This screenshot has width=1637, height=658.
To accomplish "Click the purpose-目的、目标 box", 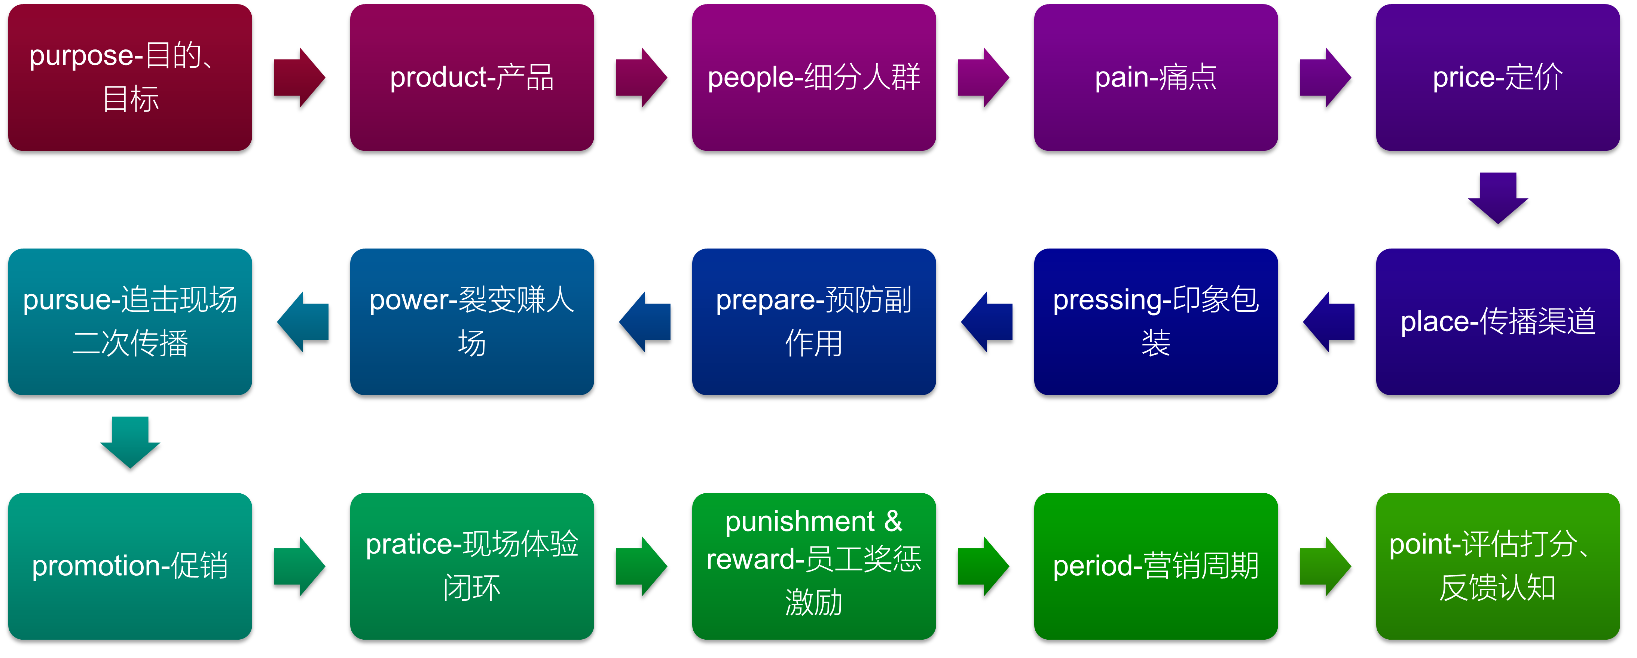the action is point(130,77).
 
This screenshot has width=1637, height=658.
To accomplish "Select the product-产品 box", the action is point(472,77).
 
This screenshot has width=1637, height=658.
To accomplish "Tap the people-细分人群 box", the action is point(814,77).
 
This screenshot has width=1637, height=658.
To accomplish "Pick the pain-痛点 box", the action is point(1156,77).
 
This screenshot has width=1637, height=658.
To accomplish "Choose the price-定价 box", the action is point(1498,77).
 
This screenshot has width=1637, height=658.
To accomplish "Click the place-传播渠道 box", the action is point(1498,322).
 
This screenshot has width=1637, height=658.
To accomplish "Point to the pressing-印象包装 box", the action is point(1156,322).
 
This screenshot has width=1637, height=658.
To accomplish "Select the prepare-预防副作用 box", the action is point(814,322).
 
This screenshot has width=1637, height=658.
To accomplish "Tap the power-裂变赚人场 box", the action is point(472,322).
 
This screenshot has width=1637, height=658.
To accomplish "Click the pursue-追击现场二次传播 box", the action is point(130,322).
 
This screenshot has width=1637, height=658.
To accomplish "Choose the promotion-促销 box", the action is point(130,566).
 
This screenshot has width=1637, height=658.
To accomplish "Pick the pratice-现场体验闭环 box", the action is point(472,566).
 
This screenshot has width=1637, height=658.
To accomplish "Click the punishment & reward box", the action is point(814,566).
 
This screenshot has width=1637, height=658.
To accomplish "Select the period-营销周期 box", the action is point(1156,566).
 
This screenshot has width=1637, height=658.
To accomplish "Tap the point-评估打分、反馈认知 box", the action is point(1498,566).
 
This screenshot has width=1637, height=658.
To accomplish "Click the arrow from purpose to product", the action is point(299,77).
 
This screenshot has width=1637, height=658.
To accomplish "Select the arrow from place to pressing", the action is point(1329,322).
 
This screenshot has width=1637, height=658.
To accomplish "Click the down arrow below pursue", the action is point(130,442).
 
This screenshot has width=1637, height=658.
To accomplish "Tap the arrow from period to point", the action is point(1326,566).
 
